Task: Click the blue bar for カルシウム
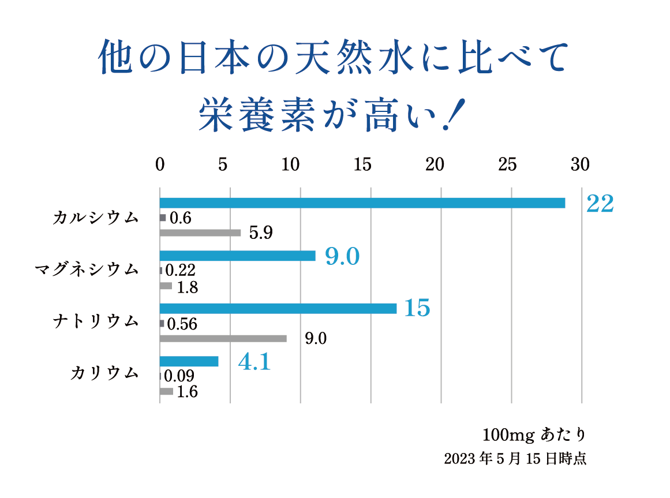tap(362, 203)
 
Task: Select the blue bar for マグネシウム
tap(237, 256)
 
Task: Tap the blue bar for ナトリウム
tap(278, 309)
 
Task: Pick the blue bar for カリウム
tap(189, 361)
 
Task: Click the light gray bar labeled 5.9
tap(200, 233)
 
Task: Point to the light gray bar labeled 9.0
tap(223, 339)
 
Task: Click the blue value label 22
tap(600, 204)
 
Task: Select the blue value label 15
tap(417, 309)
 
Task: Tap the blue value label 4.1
tap(254, 362)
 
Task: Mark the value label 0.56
tap(182, 324)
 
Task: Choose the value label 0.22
tap(181, 270)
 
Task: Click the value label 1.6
tap(187, 392)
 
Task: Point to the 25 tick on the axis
tap(507, 164)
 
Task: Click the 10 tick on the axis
tap(291, 164)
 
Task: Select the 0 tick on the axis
tap(160, 164)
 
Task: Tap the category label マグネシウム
tap(87, 269)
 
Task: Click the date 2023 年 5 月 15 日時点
tap(515, 459)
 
